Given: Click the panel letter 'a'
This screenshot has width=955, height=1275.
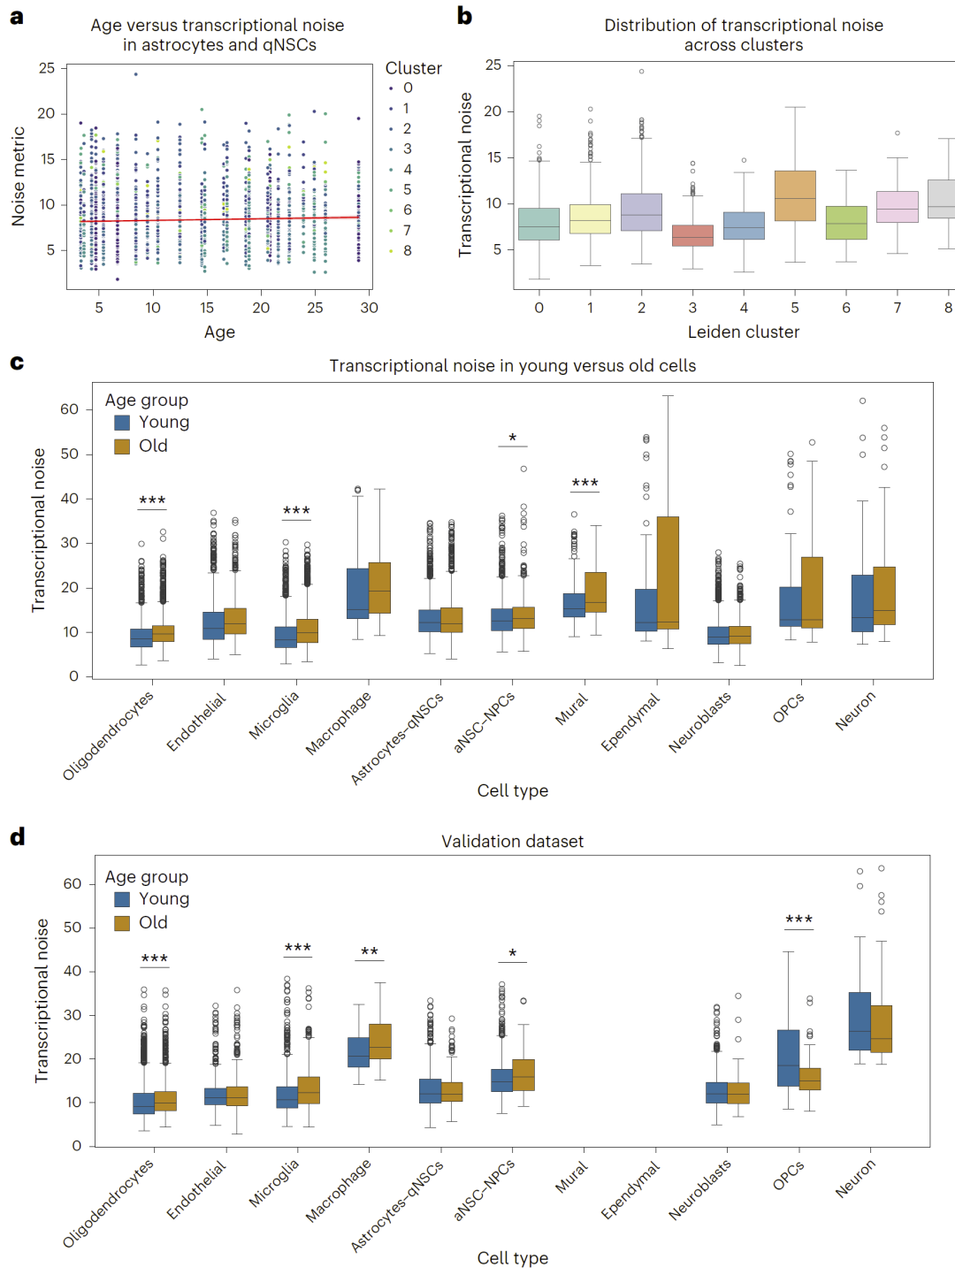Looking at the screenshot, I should point(16,17).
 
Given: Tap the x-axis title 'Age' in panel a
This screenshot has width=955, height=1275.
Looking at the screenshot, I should point(219,332).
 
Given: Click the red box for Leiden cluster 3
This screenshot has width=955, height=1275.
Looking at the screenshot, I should point(692,235).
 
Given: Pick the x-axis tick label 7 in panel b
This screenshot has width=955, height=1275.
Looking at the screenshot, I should point(898,308).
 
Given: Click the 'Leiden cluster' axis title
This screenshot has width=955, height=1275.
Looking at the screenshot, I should point(744,332).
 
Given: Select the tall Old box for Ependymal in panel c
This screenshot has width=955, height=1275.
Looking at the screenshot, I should point(668,572).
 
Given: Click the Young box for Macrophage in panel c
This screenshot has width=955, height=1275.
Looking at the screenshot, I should point(358,592).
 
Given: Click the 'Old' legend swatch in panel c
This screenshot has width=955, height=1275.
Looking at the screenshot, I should point(122,446).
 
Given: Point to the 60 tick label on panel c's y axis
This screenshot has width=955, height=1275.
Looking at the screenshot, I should point(69,409).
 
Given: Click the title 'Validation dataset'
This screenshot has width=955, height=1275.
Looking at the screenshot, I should point(512,841).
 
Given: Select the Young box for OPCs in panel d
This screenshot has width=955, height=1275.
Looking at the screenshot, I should point(788,1057).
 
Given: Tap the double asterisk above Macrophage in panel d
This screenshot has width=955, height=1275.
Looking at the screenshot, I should point(370,952).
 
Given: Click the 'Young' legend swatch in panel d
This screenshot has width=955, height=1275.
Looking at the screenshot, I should point(122,899).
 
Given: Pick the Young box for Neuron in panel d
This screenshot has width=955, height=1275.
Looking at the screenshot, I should point(859,1020).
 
